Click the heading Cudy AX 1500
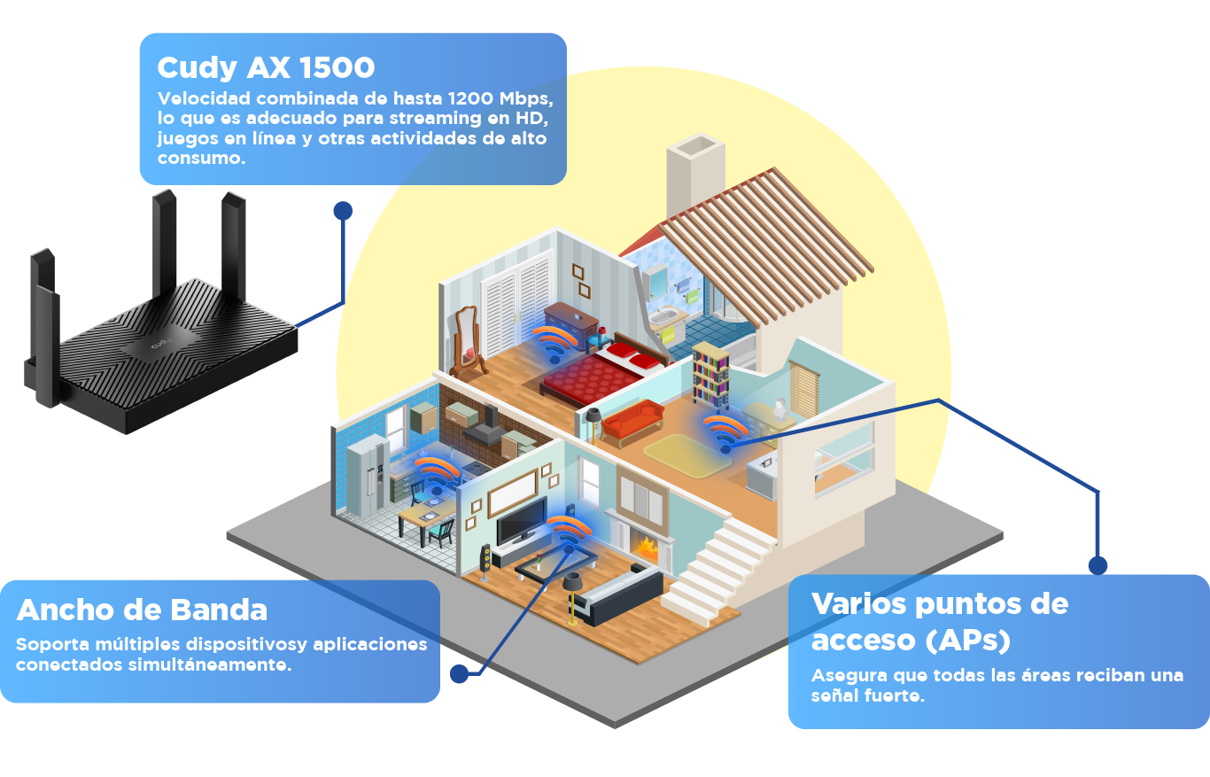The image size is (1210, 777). point(266,67)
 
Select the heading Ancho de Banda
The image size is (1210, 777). point(142,610)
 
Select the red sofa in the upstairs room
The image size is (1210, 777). point(632,420)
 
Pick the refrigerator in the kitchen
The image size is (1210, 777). point(366,478)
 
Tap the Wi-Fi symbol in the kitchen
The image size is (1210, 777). point(436,474)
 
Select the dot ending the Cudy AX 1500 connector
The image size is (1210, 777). point(343,210)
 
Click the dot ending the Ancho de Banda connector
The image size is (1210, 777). point(459,674)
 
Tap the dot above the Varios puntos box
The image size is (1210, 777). point(1098,565)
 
